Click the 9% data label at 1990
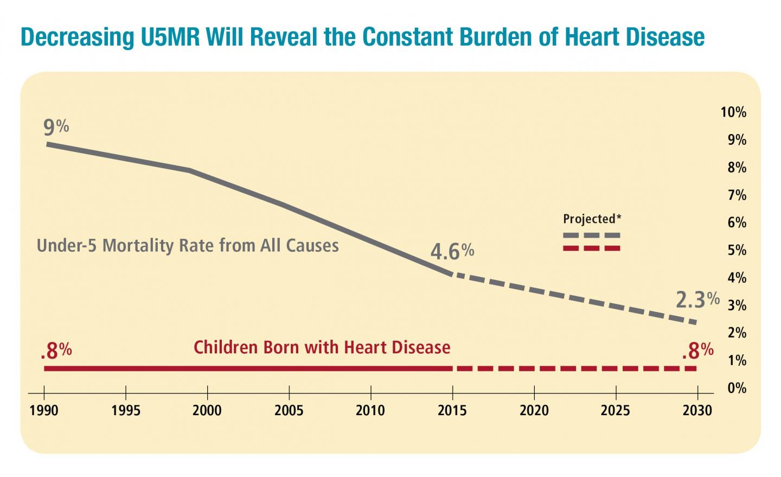pyautogui.click(x=56, y=128)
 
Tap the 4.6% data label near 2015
pyautogui.click(x=452, y=252)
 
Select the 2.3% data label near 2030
pyautogui.click(x=697, y=300)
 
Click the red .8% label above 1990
pyautogui.click(x=56, y=351)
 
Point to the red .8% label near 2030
pyautogui.click(x=697, y=351)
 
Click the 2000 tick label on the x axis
pyautogui.click(x=207, y=410)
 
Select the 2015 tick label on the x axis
pyautogui.click(x=452, y=410)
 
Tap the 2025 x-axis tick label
pyautogui.click(x=616, y=410)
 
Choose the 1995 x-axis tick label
pyautogui.click(x=125, y=410)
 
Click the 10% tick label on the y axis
pyautogui.click(x=733, y=112)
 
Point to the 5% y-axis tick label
pyautogui.click(x=737, y=250)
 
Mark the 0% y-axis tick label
pyautogui.click(x=737, y=388)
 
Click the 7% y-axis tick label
pyautogui.click(x=737, y=195)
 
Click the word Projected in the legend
pyautogui.click(x=589, y=219)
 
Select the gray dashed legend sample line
pyautogui.click(x=591, y=236)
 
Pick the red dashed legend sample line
pyautogui.click(x=591, y=249)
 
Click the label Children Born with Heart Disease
pyautogui.click(x=322, y=347)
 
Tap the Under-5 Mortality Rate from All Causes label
pyautogui.click(x=188, y=246)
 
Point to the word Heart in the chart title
pyautogui.click(x=593, y=37)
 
